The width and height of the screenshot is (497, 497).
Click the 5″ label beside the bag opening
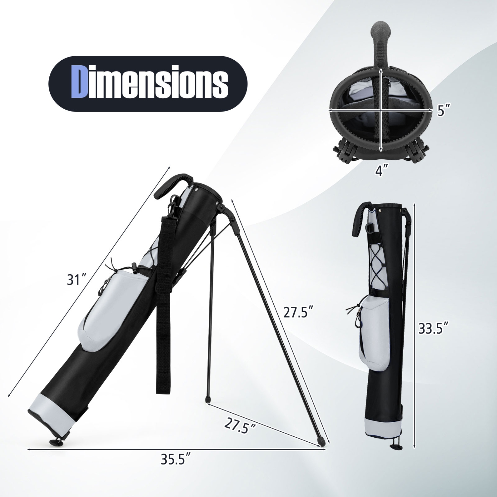coord(443,111)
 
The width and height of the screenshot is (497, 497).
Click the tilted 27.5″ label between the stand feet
coord(240,426)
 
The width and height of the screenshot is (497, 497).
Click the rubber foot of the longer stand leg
coord(320,441)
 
